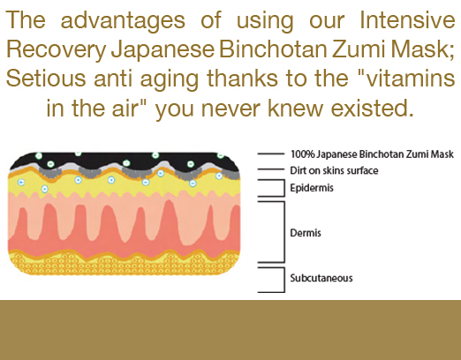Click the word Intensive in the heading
407,19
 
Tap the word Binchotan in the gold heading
273,49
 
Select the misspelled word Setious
46,79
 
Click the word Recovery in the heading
56,50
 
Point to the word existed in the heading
373,108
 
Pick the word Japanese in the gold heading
162,50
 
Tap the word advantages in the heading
123,21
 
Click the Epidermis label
312,188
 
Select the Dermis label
306,233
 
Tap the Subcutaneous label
321,278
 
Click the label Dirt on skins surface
334,170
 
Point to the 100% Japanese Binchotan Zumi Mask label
372,154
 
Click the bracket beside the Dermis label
284,232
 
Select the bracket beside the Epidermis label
284,188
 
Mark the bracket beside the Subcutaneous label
284,280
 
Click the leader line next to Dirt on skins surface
270,169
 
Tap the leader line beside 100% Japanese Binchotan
270,154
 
